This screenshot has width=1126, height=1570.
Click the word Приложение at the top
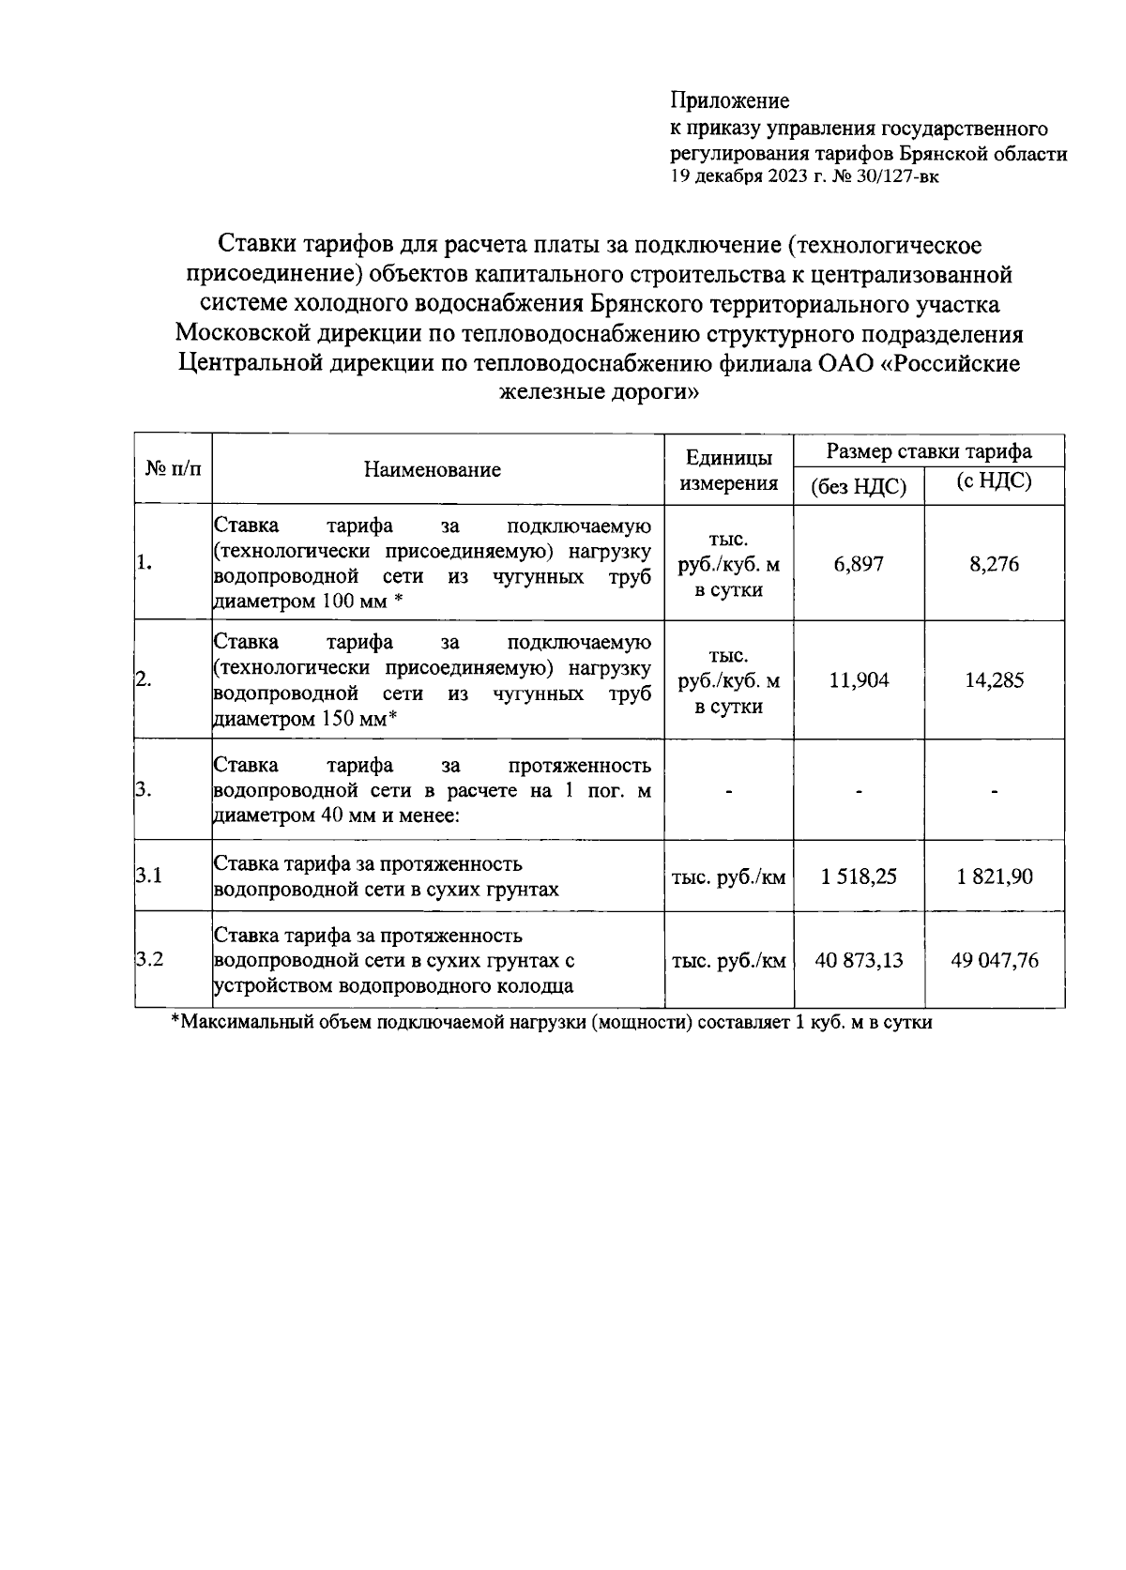pyautogui.click(x=729, y=100)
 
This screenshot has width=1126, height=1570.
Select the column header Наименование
pyautogui.click(x=433, y=470)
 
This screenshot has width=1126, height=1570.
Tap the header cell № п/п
pyautogui.click(x=173, y=468)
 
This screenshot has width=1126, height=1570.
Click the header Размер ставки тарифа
pyautogui.click(x=928, y=451)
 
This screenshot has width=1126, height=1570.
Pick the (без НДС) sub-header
pyautogui.click(x=858, y=487)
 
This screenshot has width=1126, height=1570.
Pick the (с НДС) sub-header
pyautogui.click(x=993, y=483)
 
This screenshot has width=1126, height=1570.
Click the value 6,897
pyautogui.click(x=858, y=564)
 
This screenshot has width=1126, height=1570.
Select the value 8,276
pyautogui.click(x=994, y=564)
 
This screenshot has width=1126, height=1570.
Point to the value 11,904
pyautogui.click(x=858, y=680)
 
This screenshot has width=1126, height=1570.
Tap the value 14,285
pyautogui.click(x=994, y=680)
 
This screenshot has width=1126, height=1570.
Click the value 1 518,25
pyautogui.click(x=858, y=876)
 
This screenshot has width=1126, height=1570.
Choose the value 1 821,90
pyautogui.click(x=994, y=876)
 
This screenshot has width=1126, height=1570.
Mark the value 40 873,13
pyautogui.click(x=858, y=961)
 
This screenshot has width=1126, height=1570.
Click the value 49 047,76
pyautogui.click(x=994, y=961)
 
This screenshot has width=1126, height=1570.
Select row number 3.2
pyautogui.click(x=149, y=960)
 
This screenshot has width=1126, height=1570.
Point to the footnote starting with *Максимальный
pyautogui.click(x=551, y=1022)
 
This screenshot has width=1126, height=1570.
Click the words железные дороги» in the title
pyautogui.click(x=600, y=392)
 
